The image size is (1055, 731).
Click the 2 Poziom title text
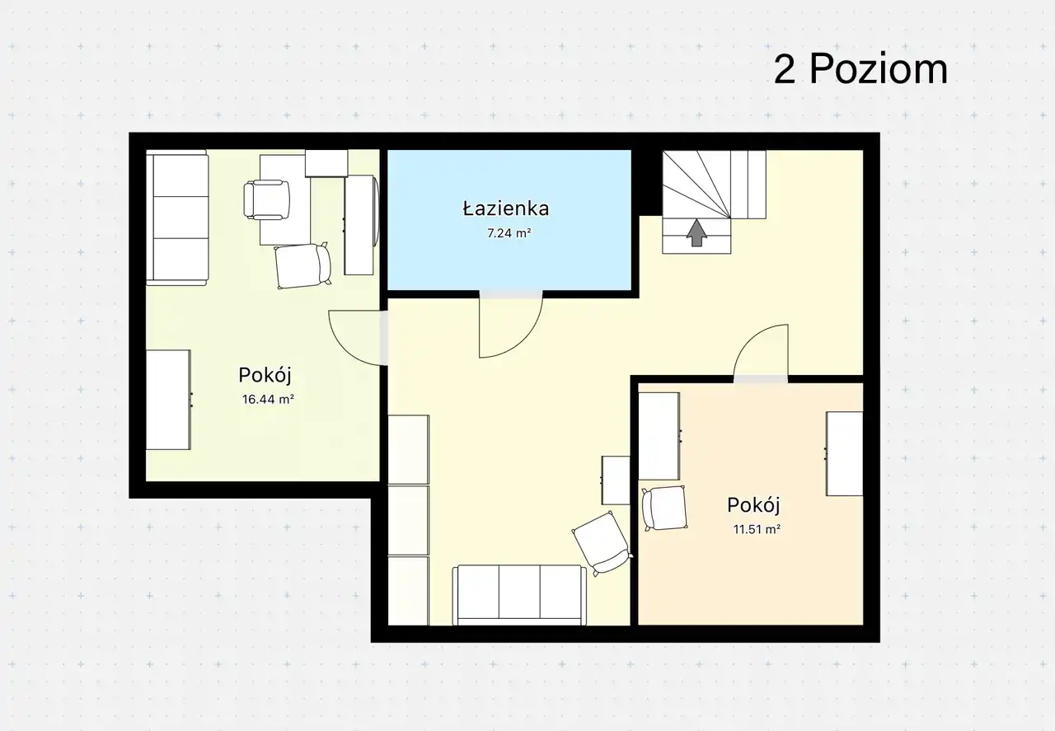[x=860, y=70]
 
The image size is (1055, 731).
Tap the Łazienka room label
[x=506, y=209]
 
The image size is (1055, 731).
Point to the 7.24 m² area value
[x=509, y=233]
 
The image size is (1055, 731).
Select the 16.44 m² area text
[x=268, y=400]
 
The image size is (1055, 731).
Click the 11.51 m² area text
[x=757, y=529]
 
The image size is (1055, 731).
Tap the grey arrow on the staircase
[x=696, y=232]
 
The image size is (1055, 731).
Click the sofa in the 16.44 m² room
[x=177, y=218]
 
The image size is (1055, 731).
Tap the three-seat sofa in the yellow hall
[x=519, y=595]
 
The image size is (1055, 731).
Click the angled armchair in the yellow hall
[x=603, y=544]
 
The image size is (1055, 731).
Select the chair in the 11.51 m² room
[x=664, y=508]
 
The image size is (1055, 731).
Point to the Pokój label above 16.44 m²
[x=265, y=376]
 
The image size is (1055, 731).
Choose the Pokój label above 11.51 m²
[x=753, y=505]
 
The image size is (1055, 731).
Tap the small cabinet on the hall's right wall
[x=615, y=480]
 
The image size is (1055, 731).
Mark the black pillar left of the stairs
[x=647, y=183]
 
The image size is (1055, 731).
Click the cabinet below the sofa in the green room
[x=168, y=400]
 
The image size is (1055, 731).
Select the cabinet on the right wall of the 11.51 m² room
[x=844, y=453]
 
